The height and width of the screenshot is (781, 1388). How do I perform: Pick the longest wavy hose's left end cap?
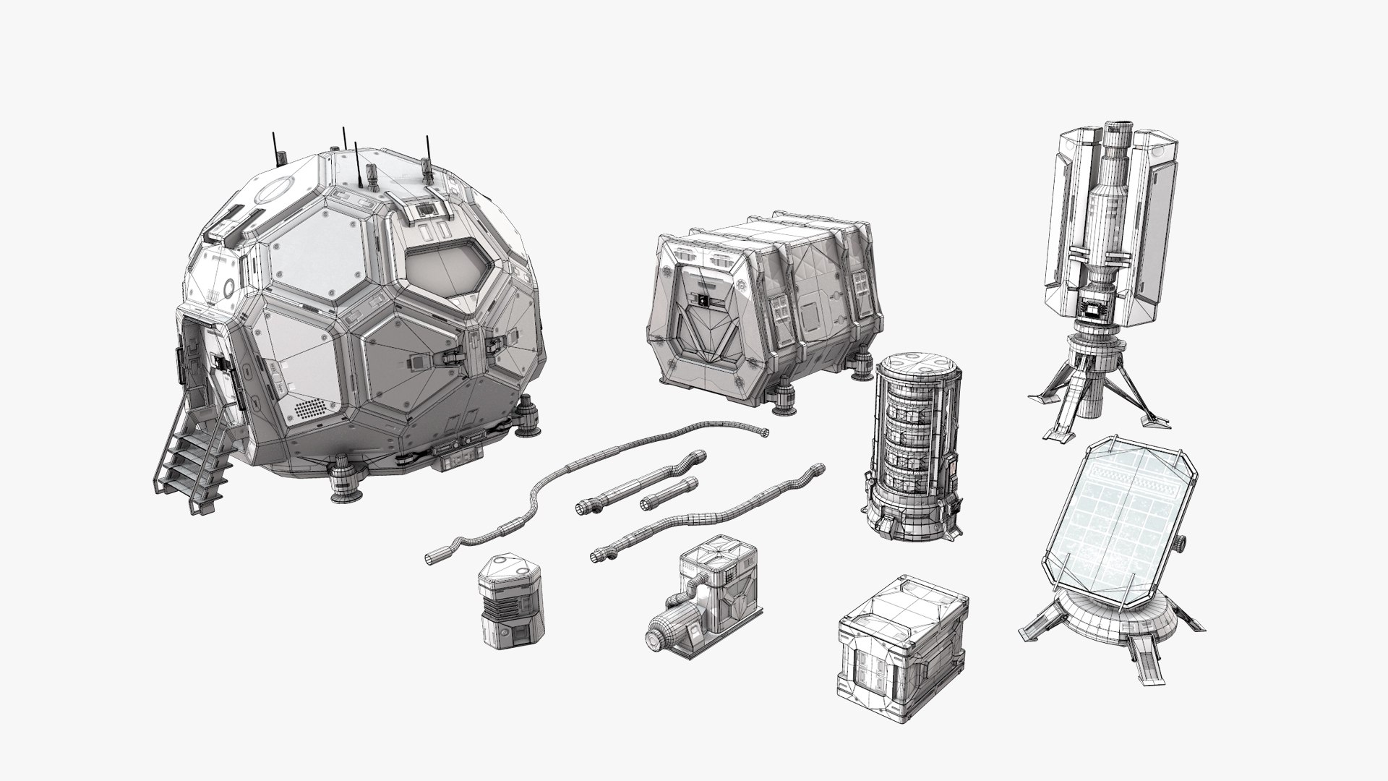[433, 558]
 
